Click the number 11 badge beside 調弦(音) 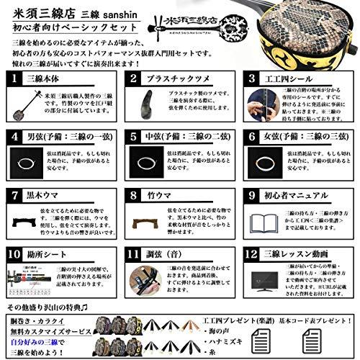point(132,254)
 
